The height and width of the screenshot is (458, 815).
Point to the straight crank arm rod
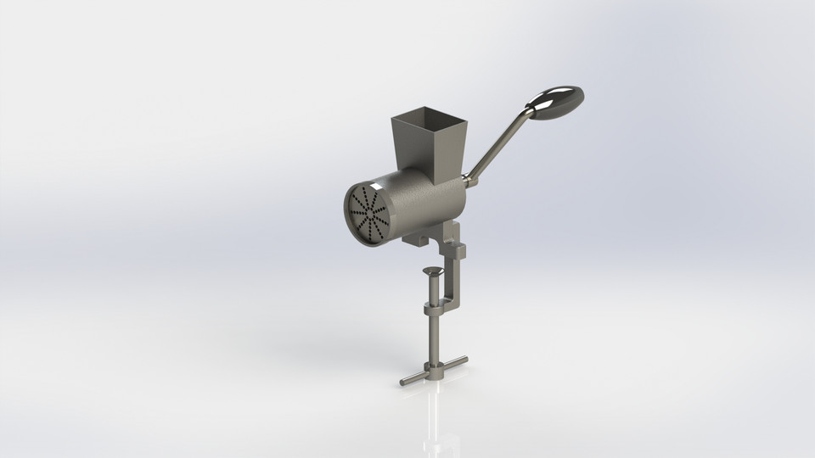(500, 144)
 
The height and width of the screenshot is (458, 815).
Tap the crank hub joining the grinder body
(469, 181)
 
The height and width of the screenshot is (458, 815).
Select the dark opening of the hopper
(429, 117)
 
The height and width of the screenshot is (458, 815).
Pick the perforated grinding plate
(368, 214)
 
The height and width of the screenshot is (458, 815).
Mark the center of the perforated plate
(368, 214)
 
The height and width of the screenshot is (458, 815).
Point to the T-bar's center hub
(435, 370)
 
